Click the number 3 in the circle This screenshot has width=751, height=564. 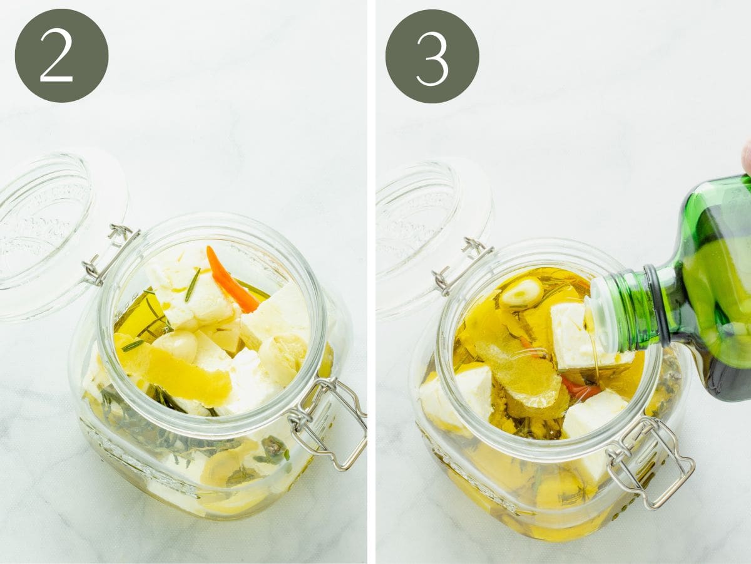point(432,58)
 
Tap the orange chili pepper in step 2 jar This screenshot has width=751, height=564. point(232,279)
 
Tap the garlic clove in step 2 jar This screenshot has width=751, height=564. point(176,344)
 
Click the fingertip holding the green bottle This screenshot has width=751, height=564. point(746,157)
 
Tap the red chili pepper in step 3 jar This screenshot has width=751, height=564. point(579,389)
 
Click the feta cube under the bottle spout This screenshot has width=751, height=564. point(573,335)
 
